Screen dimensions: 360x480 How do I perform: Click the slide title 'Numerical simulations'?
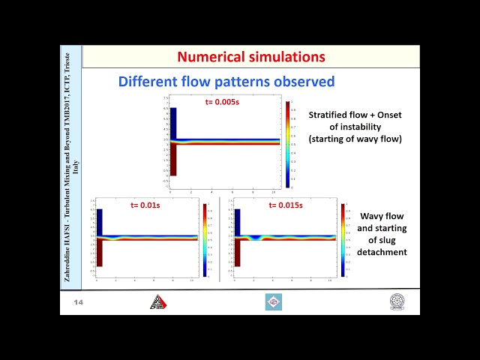pos(251,56)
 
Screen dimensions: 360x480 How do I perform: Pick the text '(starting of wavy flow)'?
pos(355,139)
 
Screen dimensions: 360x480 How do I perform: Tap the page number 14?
pos(78,302)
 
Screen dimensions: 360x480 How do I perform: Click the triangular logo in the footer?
pos(157,301)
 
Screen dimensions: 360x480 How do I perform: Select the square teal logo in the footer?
pos(274,301)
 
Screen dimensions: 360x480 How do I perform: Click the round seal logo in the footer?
pos(397,301)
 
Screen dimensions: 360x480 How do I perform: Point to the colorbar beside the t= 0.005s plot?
pos(287,144)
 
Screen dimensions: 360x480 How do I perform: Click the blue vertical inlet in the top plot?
pos(172,122)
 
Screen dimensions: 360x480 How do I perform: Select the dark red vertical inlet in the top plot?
pos(172,159)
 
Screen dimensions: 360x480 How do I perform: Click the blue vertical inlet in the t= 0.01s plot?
pos(99,221)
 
